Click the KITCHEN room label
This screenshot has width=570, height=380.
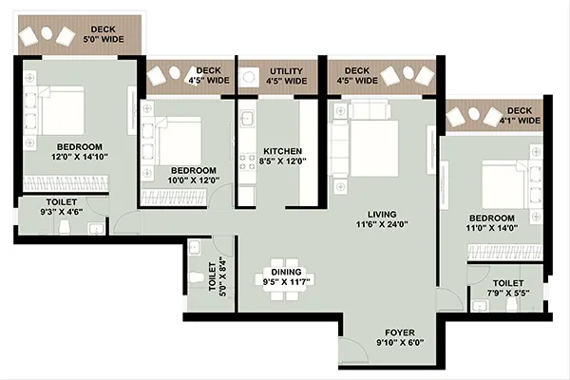point(282,151)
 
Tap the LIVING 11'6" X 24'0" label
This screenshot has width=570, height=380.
point(382,219)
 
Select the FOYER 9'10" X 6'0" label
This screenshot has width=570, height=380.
point(400,337)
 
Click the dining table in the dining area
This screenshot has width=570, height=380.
point(285,279)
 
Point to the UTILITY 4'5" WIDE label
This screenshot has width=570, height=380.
point(286,76)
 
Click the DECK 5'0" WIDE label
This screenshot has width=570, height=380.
point(104,34)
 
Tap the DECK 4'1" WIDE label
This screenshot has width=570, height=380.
point(520,115)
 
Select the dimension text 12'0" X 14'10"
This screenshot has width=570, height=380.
point(80,157)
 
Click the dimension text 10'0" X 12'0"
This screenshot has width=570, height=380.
point(194,180)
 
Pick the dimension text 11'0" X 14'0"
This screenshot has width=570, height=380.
point(491,228)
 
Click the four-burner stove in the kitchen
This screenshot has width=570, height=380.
point(247,161)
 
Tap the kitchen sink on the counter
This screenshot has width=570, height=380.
point(247,118)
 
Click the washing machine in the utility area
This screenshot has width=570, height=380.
point(249,77)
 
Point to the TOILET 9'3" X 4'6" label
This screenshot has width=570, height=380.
point(62,207)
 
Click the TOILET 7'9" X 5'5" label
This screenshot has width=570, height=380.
point(508,288)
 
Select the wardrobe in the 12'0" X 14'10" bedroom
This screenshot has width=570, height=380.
point(66,183)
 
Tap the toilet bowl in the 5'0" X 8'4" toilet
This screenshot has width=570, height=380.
point(197,278)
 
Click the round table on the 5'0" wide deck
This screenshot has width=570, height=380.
point(47,32)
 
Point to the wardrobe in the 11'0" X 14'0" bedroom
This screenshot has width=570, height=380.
point(505,253)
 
